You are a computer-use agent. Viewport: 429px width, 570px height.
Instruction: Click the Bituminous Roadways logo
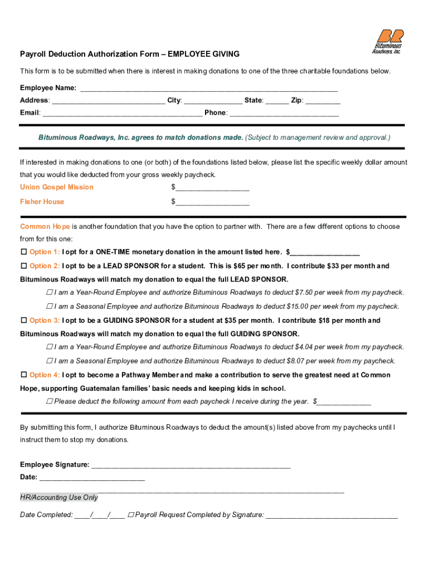[x=387, y=41]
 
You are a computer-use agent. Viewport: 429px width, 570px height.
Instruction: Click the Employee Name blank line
[x=209, y=89]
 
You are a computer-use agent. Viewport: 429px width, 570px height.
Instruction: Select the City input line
[x=213, y=101]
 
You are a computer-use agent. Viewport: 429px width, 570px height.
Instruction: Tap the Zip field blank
[x=323, y=101]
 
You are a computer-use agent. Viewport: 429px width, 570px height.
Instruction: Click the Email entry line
[x=122, y=113]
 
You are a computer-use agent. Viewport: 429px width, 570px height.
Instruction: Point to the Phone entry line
[x=284, y=113]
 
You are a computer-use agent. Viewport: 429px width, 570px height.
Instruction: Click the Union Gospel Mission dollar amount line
[x=212, y=188]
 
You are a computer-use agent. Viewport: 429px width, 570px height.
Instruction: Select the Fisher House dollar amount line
[x=212, y=202]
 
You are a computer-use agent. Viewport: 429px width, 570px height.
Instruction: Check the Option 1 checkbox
[x=24, y=252]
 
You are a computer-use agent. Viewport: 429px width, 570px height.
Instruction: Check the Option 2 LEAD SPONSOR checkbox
[x=24, y=266]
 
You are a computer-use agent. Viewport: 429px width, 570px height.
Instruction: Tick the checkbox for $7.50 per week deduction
[x=50, y=293]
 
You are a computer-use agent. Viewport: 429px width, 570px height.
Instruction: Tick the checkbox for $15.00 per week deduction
[x=50, y=307]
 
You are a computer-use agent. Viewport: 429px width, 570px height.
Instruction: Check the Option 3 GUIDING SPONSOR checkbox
[x=24, y=321]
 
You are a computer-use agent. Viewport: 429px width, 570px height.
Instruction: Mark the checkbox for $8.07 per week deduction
[x=50, y=361]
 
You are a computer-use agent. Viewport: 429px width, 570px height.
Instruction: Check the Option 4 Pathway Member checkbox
[x=24, y=375]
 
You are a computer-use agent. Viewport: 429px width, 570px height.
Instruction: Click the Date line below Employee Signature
[x=92, y=478]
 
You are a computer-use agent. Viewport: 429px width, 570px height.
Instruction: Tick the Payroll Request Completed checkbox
[x=131, y=515]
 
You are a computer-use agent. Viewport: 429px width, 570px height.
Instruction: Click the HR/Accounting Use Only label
[x=59, y=498]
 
